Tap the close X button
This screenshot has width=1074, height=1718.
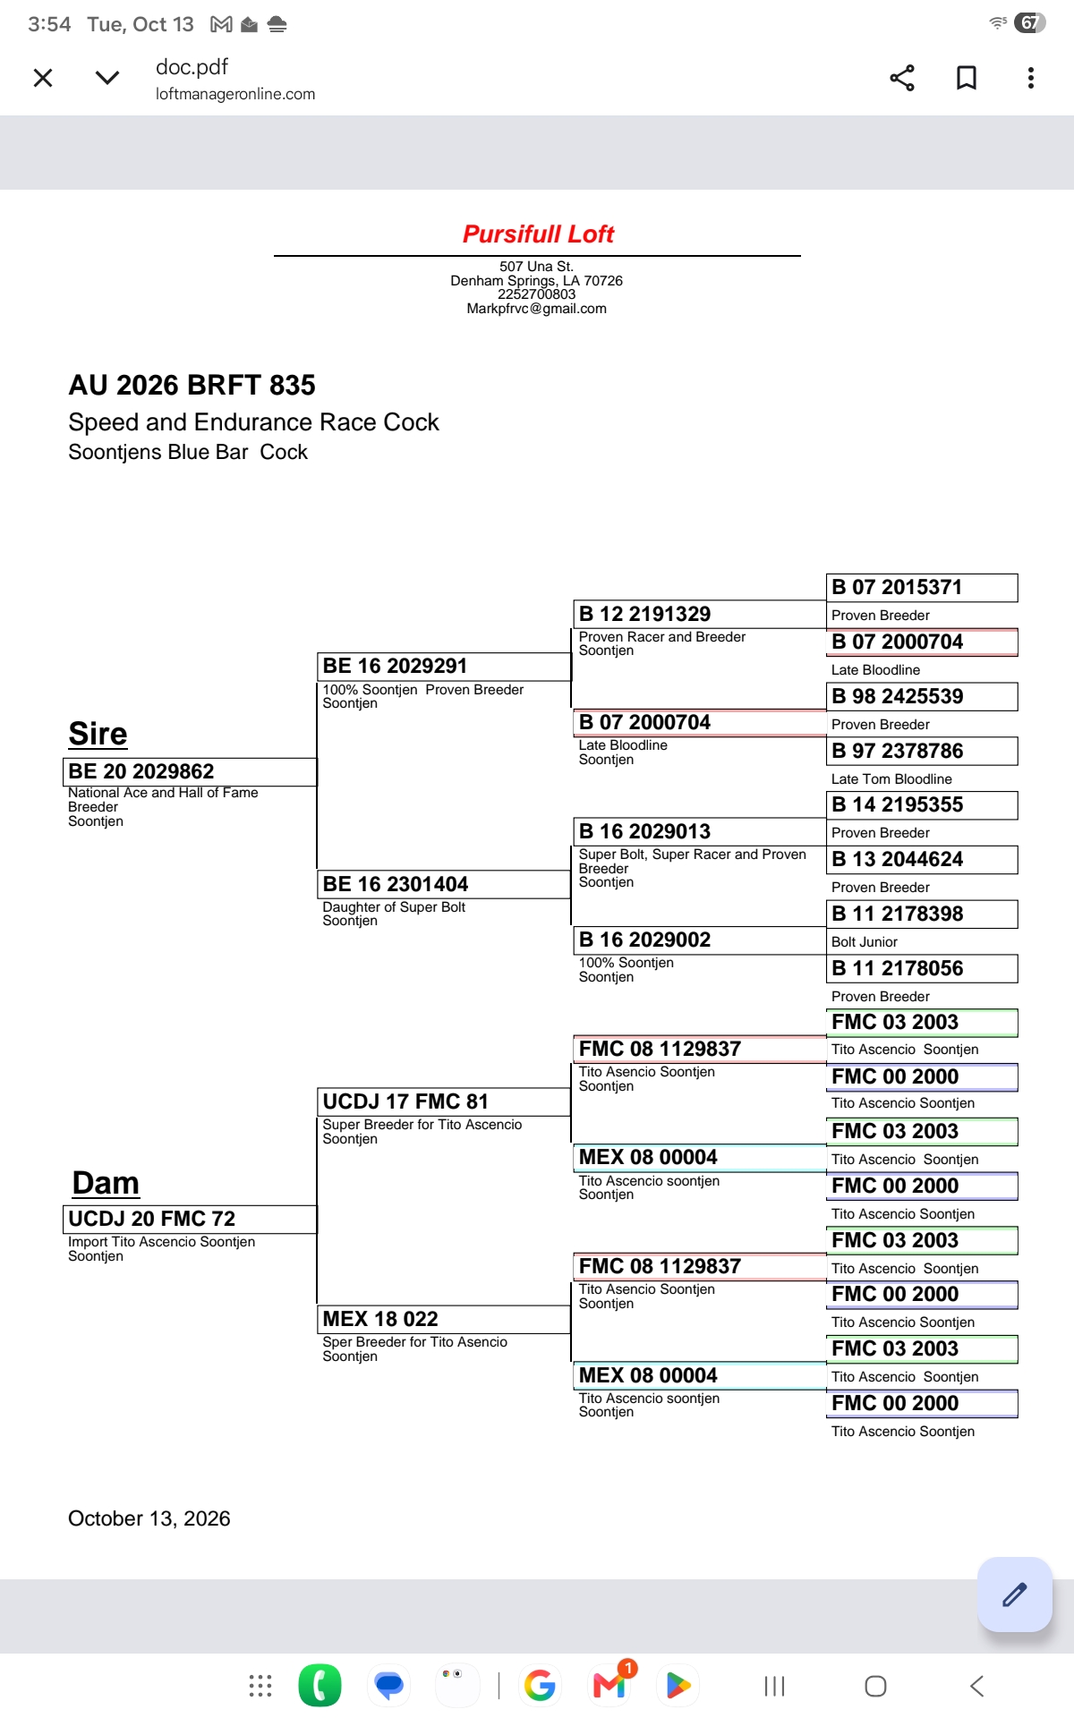43,78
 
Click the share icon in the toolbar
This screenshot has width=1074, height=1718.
902,78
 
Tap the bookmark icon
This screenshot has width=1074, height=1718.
967,78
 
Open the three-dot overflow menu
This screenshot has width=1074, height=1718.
1031,78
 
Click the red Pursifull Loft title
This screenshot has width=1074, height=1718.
538,234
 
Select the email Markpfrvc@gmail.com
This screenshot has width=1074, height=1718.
537,309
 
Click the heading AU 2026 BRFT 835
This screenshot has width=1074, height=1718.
192,386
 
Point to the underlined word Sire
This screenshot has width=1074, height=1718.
98,734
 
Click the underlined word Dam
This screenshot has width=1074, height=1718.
106,1183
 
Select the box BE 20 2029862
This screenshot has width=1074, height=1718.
191,771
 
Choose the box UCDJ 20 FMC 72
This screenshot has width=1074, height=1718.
191,1219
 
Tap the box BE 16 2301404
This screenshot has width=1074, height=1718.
445,884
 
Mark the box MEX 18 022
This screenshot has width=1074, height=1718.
445,1319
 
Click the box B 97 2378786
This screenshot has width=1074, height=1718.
922,751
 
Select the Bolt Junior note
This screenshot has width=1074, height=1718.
865,942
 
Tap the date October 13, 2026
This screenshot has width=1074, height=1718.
149,1518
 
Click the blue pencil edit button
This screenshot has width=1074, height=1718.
1015,1595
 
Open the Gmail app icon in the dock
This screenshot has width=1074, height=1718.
610,1685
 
